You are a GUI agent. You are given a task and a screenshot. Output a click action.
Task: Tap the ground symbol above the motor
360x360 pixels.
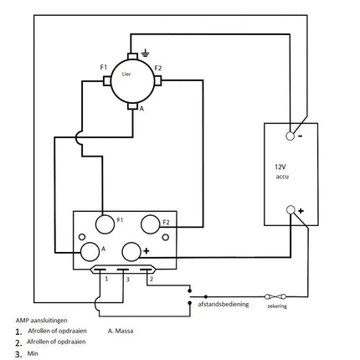(x=146, y=54)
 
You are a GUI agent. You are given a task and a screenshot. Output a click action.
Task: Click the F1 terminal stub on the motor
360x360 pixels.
(x=107, y=80)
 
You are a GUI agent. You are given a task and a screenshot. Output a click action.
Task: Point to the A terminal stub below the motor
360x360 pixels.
(x=134, y=107)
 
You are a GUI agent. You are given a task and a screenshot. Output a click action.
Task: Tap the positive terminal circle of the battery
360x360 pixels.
(x=291, y=210)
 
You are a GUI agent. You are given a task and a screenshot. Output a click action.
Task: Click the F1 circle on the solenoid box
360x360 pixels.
(x=105, y=224)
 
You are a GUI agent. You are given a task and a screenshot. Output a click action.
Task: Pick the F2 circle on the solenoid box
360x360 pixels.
(x=151, y=224)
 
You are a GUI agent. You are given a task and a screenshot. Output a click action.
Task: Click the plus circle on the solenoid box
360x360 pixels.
(x=132, y=252)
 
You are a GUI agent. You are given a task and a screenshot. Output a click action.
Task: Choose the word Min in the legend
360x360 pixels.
(x=33, y=353)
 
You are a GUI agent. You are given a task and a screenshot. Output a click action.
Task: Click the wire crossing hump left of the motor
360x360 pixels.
(x=78, y=143)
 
